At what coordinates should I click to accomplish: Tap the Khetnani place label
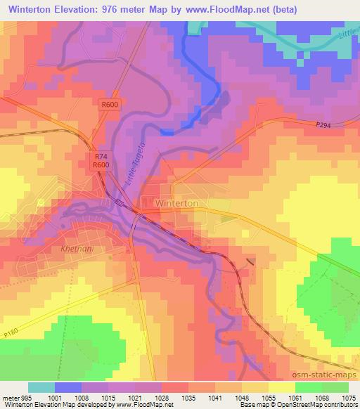72,249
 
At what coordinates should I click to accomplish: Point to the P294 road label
323,124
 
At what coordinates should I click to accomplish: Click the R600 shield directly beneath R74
102,165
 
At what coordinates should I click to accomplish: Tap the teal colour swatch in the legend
41,387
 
